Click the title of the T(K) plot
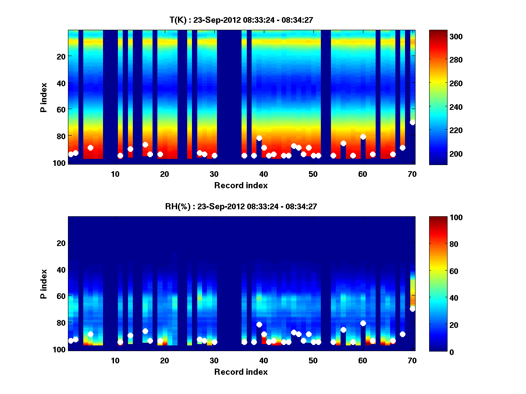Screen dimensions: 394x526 click(x=241, y=20)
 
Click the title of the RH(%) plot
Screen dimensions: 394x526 click(x=241, y=207)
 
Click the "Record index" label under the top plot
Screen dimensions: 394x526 click(x=241, y=185)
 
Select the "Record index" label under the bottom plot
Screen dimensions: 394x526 click(x=241, y=372)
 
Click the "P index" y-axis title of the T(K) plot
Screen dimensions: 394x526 click(x=44, y=98)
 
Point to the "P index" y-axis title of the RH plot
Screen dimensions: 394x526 click(x=44, y=284)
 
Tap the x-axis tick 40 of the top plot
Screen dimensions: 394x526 click(x=264, y=174)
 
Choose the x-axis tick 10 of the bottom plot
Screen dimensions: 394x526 click(x=115, y=360)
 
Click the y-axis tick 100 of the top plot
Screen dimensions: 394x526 click(x=60, y=162)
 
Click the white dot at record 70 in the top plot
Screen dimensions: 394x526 click(x=412, y=122)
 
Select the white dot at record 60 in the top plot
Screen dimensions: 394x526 click(x=363, y=137)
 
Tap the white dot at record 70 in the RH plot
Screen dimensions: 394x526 click(x=412, y=309)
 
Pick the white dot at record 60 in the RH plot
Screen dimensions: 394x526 click(x=363, y=323)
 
